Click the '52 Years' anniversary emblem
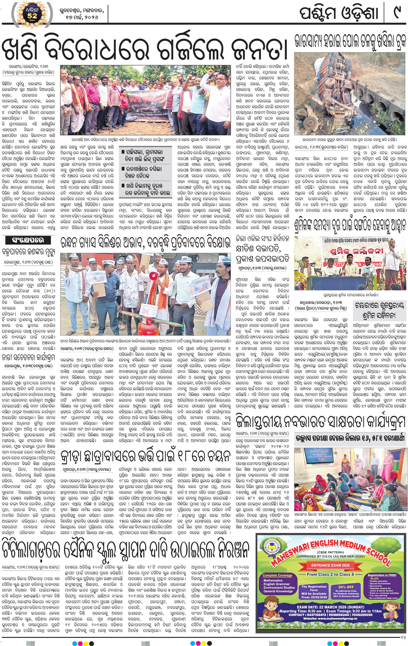pyautogui.click(x=32, y=14)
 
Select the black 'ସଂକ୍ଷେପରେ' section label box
pyautogui.click(x=28, y=240)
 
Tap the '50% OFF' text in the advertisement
pyautogui.click(x=346, y=587)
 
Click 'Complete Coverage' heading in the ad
pyautogui.click(x=277, y=575)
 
